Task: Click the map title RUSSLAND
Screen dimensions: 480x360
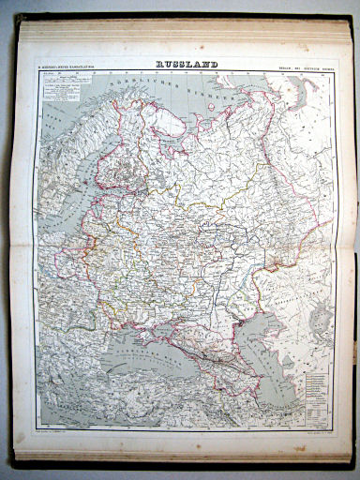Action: click(x=187, y=65)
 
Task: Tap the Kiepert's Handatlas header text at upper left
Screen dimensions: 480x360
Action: click(x=71, y=66)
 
